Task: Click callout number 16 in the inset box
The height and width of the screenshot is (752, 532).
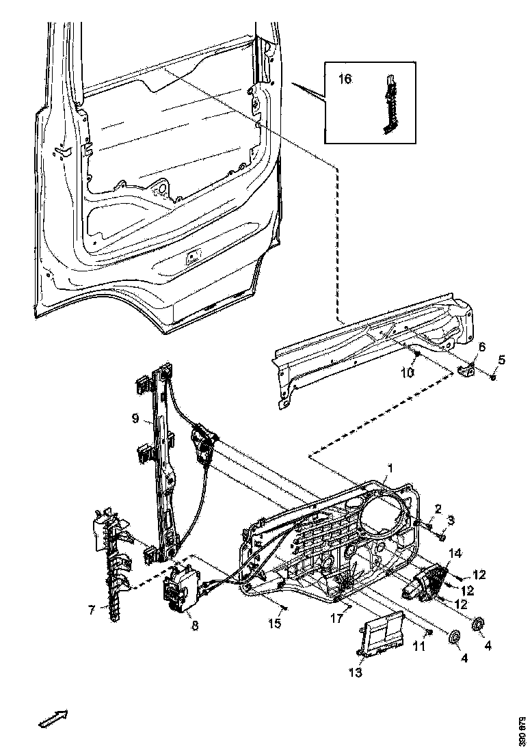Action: click(x=345, y=80)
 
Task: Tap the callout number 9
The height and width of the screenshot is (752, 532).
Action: click(x=135, y=417)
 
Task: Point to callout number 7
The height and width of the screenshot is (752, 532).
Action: click(x=92, y=610)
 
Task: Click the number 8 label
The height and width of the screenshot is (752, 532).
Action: click(x=195, y=625)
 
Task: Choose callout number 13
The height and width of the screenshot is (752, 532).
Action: click(x=354, y=673)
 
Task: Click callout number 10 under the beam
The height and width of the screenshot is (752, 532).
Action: click(x=408, y=373)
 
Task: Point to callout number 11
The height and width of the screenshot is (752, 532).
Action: click(x=423, y=645)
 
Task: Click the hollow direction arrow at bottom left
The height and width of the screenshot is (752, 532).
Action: click(x=51, y=719)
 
